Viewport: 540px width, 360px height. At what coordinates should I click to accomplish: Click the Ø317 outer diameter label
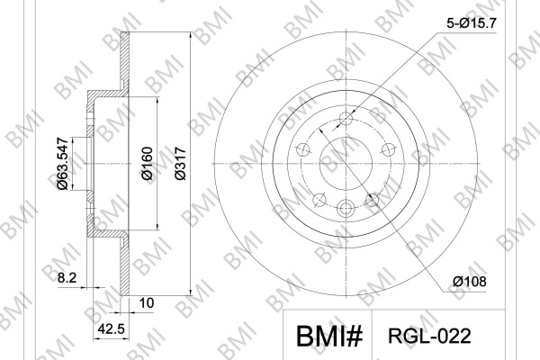pos(181,163)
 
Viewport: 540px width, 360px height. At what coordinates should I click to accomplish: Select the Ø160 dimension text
pos(147,163)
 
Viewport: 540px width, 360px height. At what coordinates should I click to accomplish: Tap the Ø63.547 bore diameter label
pos(63,164)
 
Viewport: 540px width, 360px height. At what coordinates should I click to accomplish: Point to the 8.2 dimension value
pos(67,278)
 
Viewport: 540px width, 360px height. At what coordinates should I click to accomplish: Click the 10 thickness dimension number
pos(147,303)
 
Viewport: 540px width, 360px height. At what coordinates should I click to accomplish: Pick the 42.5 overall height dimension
pos(111,329)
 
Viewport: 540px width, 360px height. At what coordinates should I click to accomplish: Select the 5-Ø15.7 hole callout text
pos(472,23)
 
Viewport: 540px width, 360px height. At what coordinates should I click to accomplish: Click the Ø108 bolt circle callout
pos(470,282)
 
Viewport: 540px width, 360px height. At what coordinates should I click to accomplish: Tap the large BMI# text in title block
pos(329,337)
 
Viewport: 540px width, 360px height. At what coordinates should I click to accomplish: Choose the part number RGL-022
pos(429,336)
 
